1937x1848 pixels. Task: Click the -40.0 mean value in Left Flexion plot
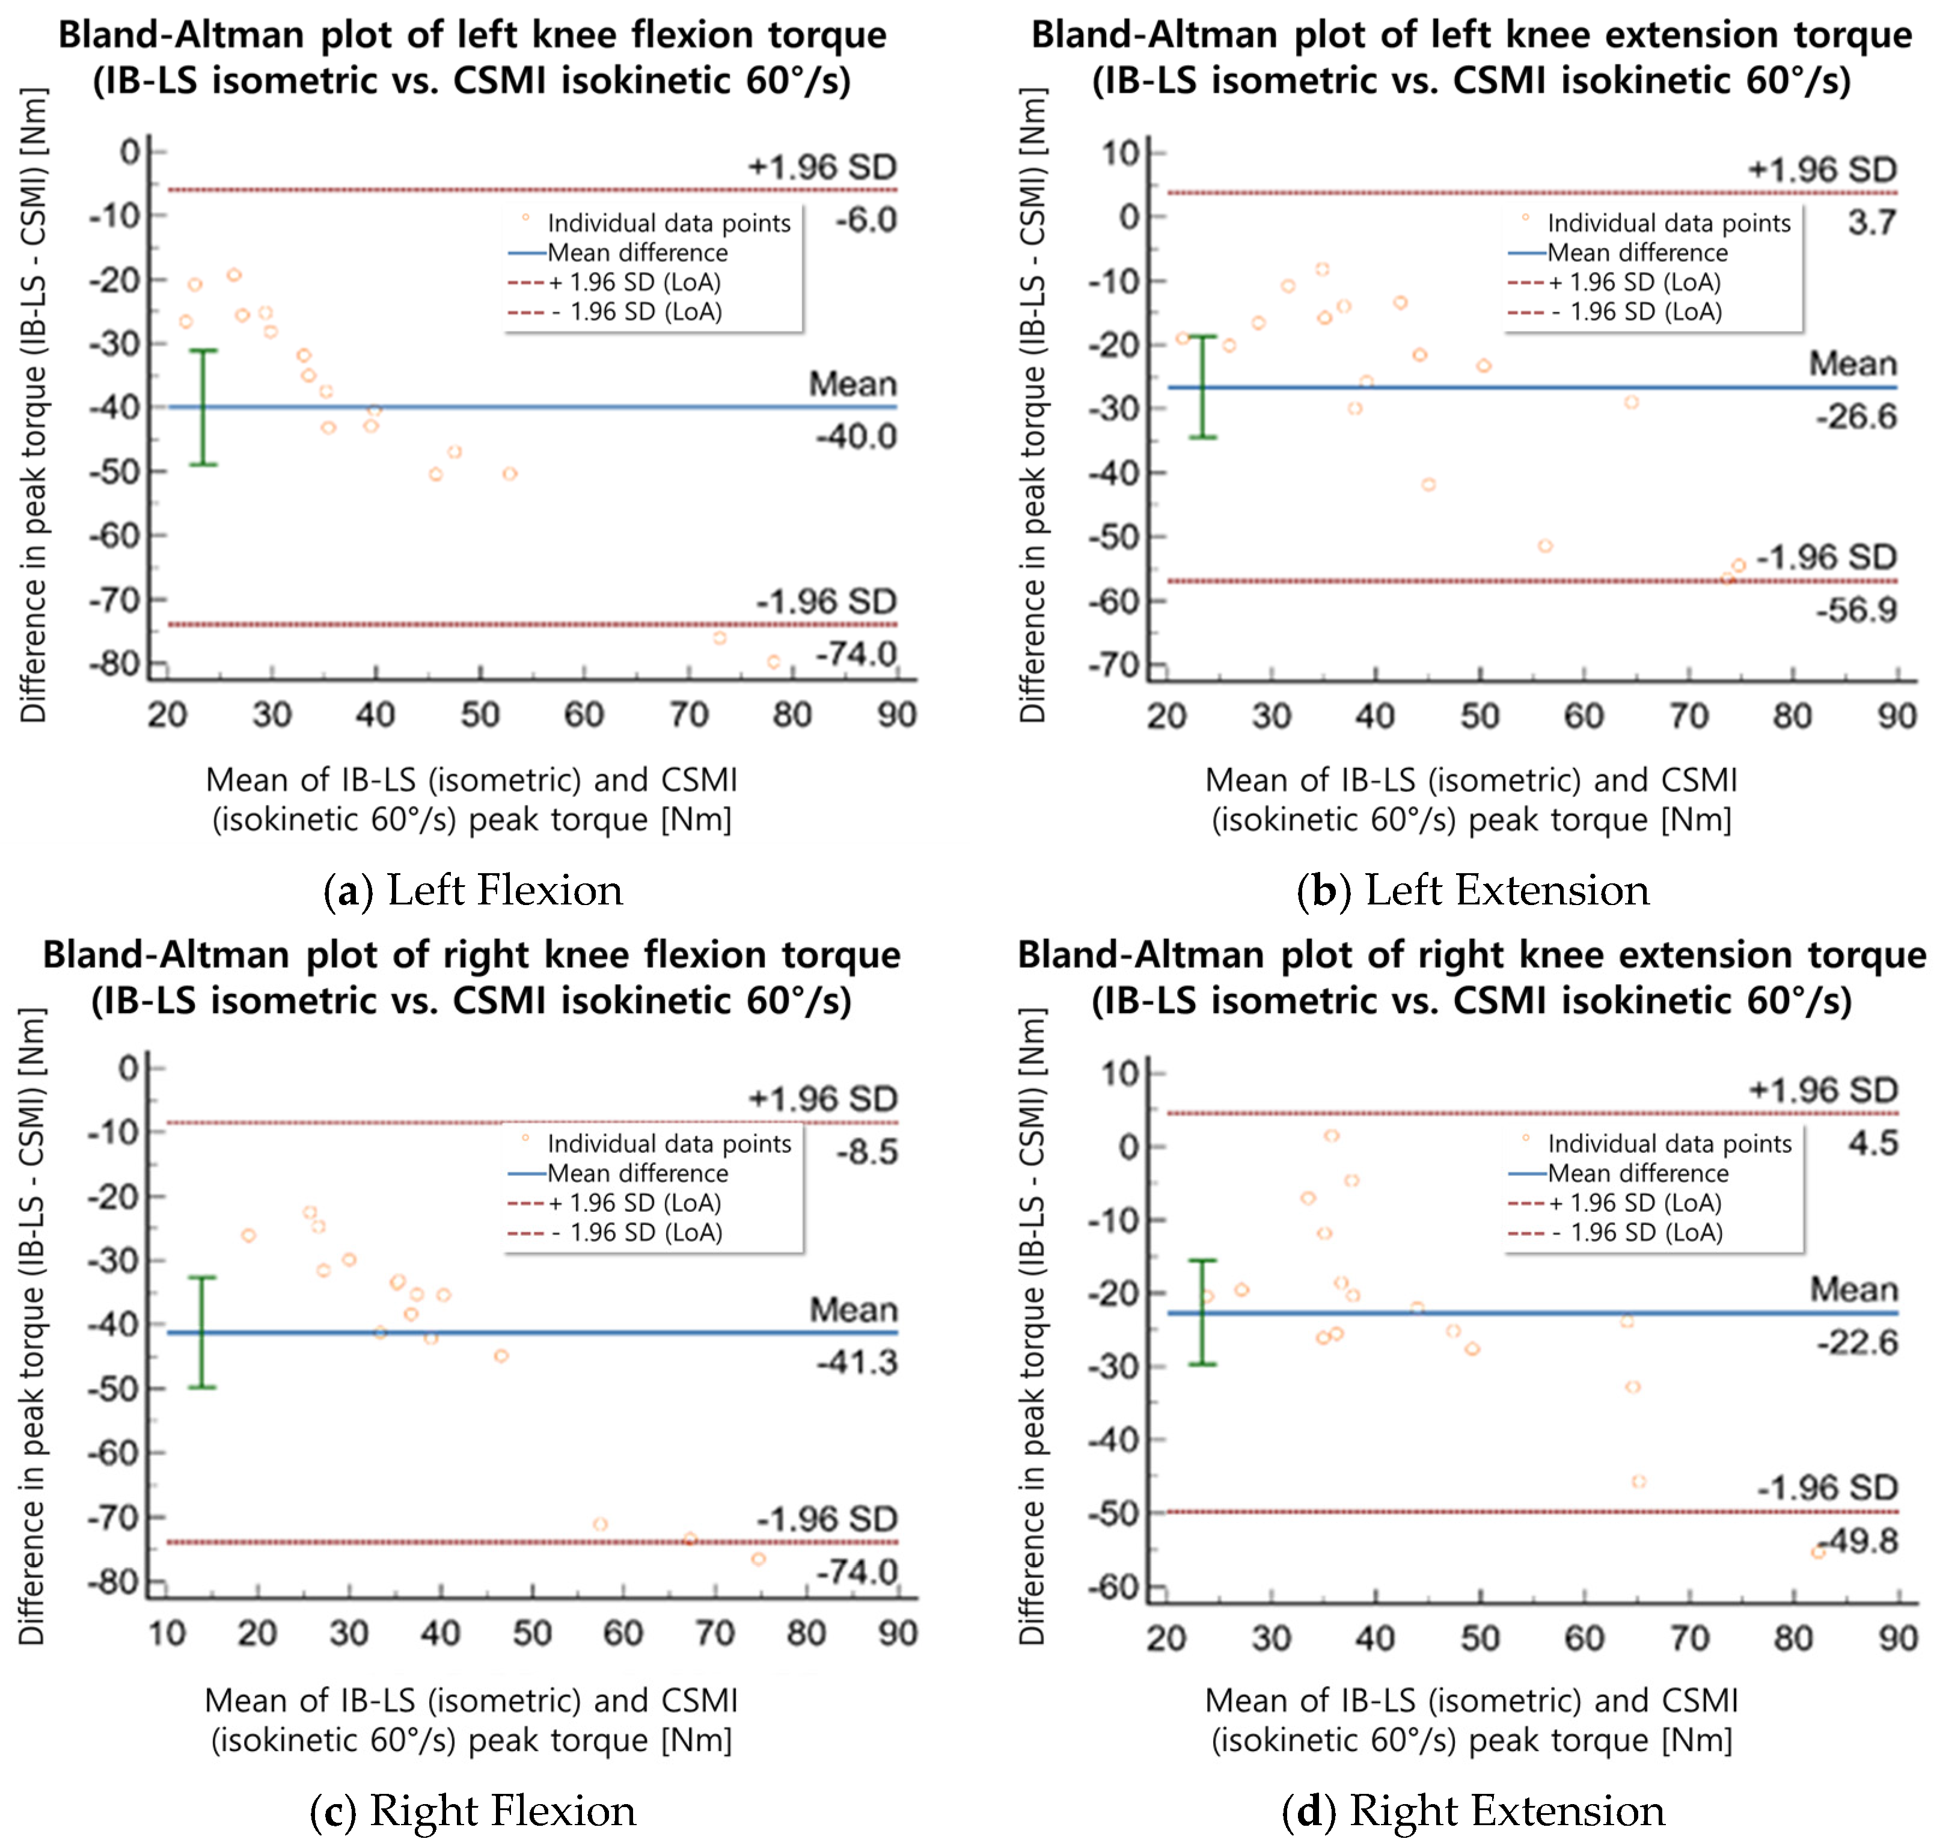click(x=855, y=437)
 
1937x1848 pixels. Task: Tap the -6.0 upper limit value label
click(x=866, y=219)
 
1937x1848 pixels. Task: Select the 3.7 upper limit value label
click(x=1871, y=223)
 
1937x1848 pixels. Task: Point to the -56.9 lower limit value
click(x=1856, y=611)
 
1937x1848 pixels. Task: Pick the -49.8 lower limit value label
click(x=1858, y=1539)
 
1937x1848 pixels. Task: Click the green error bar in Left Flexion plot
click(x=203, y=407)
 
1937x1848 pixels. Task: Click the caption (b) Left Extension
click(x=1472, y=891)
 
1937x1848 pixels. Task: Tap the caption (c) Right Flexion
click(x=473, y=1811)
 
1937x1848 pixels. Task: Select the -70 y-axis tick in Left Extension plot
click(x=1114, y=666)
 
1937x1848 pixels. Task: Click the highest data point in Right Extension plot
click(x=1332, y=1136)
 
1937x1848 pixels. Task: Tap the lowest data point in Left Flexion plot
click(x=773, y=662)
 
